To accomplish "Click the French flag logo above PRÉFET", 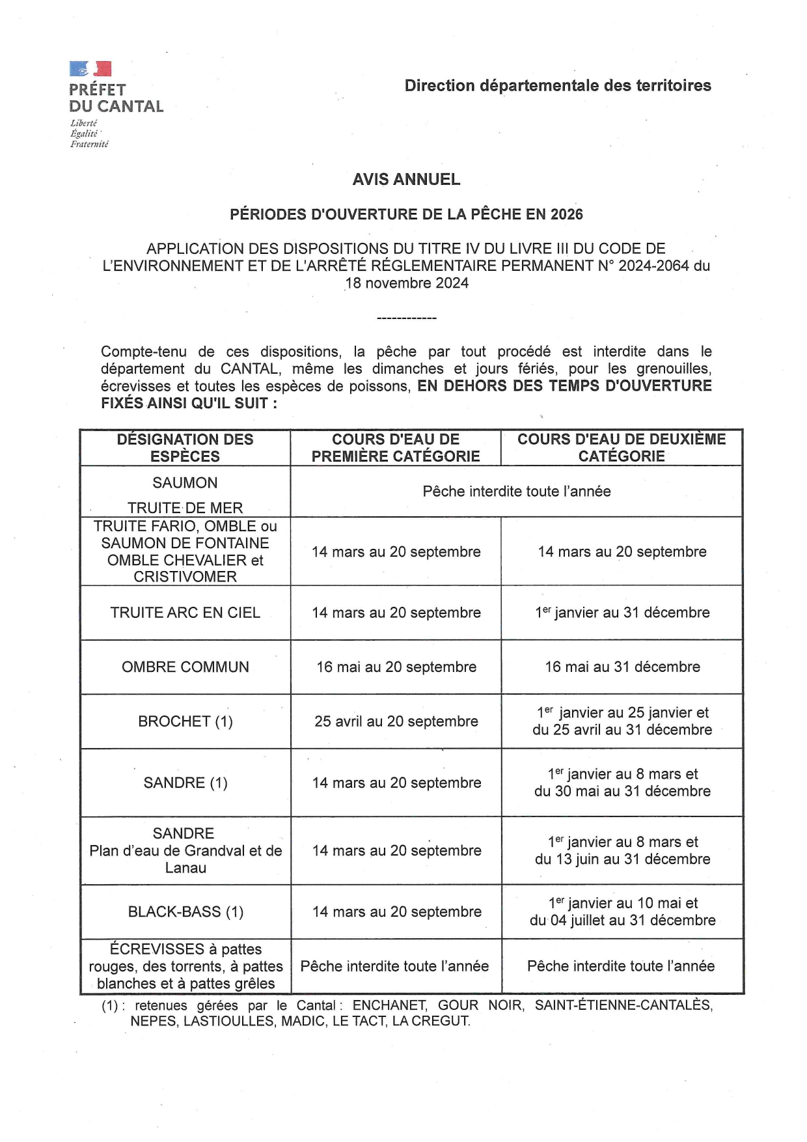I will tap(90, 68).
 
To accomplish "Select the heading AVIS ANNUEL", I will tap(406, 180).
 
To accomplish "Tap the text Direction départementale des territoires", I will tap(558, 85).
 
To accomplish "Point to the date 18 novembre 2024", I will tap(407, 283).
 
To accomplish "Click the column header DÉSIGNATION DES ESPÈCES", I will tap(185, 448).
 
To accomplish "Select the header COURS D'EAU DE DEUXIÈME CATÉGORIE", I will tap(622, 448).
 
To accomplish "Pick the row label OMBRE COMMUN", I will tap(185, 667).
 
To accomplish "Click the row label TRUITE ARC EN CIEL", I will tap(185, 613).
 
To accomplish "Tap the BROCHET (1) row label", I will tap(185, 721).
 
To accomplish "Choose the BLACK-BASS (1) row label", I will tap(185, 912).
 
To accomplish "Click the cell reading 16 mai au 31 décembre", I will tap(622, 667).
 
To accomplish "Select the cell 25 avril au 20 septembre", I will tap(396, 721).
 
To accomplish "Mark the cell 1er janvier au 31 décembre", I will tap(622, 613).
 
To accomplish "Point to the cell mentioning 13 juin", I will tap(622, 850).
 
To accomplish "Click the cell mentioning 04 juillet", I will tap(622, 912).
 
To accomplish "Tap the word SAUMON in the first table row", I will tap(185, 483).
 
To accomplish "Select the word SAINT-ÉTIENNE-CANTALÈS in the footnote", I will tap(623, 1005).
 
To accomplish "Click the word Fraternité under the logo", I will tap(89, 145).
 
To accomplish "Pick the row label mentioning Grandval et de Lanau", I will tap(185, 850).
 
